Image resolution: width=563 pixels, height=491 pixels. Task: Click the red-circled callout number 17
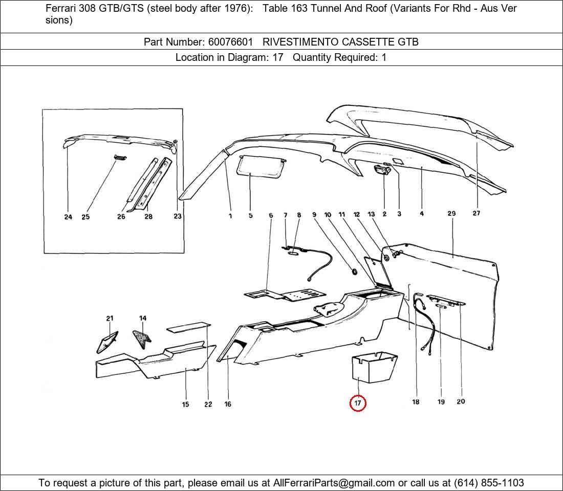(358, 403)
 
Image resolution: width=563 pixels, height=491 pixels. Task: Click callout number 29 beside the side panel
(451, 213)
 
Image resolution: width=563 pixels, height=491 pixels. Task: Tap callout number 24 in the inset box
(68, 217)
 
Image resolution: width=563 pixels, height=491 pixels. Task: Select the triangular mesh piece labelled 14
(141, 337)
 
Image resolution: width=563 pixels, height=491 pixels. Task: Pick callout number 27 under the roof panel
(476, 213)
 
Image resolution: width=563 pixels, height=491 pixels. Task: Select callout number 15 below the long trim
(185, 404)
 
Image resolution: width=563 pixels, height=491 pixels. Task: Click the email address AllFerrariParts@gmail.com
(334, 483)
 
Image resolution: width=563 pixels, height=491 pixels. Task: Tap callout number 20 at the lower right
(461, 401)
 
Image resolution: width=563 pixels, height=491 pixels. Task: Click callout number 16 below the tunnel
(228, 404)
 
